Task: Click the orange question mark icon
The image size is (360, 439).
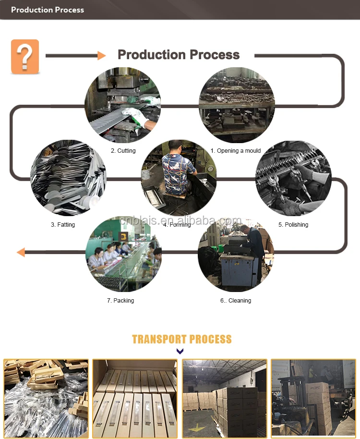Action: [25, 57]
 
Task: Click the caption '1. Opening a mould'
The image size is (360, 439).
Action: [235, 150]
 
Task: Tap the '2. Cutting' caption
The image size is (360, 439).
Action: [123, 150]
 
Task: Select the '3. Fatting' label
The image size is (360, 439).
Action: [63, 224]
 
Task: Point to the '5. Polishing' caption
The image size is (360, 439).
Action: [293, 224]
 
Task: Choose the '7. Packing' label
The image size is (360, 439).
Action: [120, 300]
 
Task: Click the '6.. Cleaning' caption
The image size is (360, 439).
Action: [236, 300]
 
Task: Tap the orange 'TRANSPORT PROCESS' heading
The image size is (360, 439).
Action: [181, 339]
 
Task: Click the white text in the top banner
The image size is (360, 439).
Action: [48, 10]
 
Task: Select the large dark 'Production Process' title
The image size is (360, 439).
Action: [179, 55]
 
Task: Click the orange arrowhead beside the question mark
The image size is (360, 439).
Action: [101, 56]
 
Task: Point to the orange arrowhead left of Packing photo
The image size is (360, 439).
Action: [20, 252]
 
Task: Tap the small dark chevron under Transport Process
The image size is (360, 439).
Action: [180, 352]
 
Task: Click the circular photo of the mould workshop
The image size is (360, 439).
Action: [237, 105]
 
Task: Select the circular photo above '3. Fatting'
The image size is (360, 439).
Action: [68, 178]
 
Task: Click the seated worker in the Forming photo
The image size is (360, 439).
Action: [178, 168]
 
